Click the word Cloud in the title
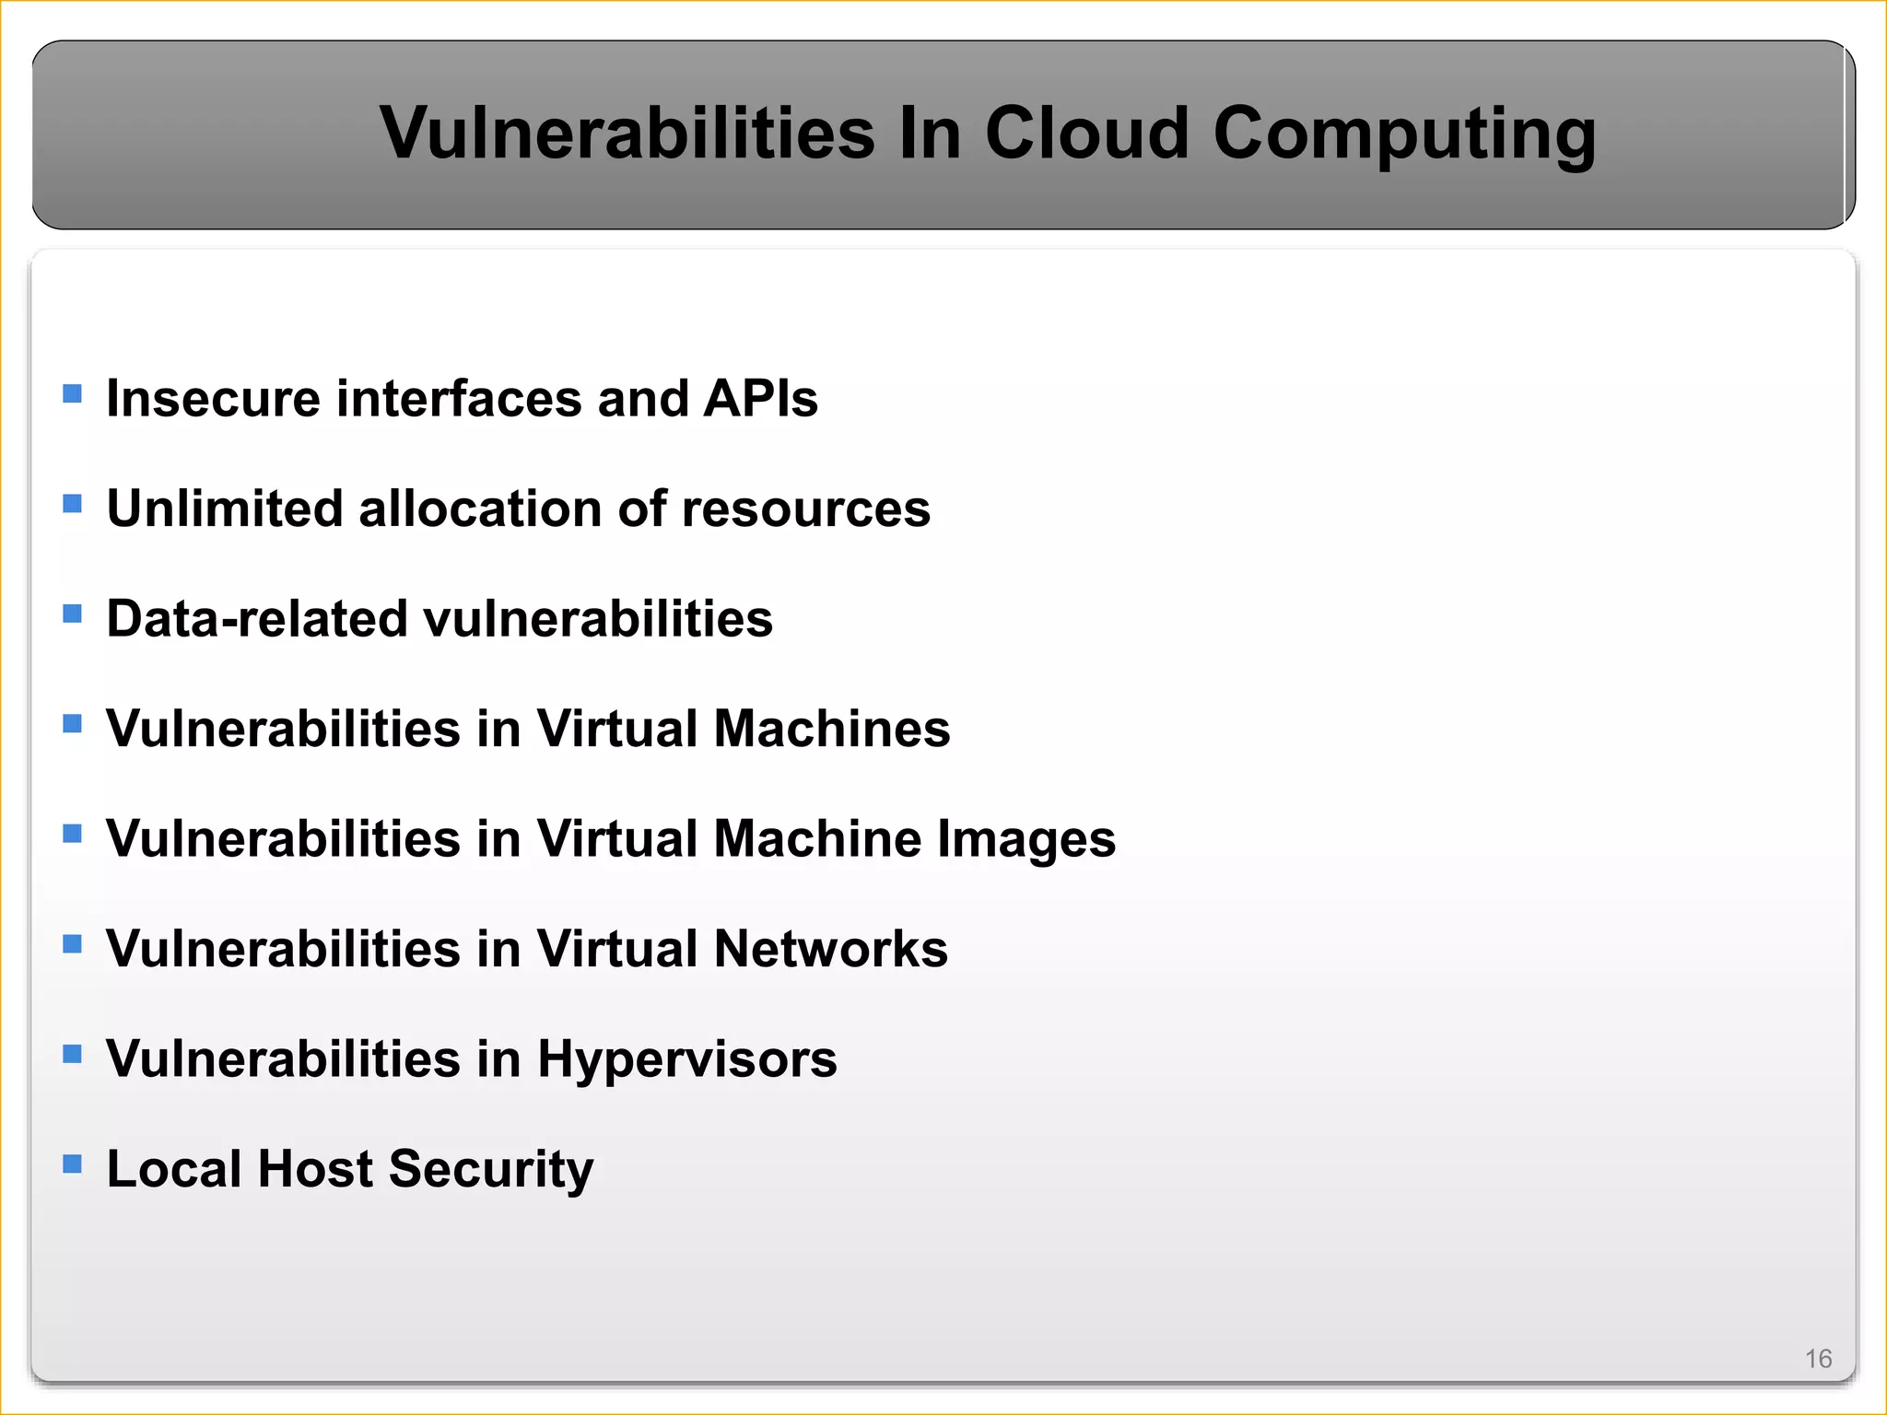click(x=1087, y=133)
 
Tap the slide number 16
click(x=1818, y=1359)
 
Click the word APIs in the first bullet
click(x=760, y=399)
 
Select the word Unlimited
click(x=224, y=509)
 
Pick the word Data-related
click(x=256, y=618)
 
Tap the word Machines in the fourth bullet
click(x=831, y=729)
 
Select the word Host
click(x=315, y=1169)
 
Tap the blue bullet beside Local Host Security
click(x=73, y=1164)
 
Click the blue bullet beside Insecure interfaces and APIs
click(x=73, y=394)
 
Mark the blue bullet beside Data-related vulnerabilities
click(x=73, y=614)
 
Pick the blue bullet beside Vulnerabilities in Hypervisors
click(x=73, y=1054)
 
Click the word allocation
click(x=478, y=509)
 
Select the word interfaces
click(x=458, y=399)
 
